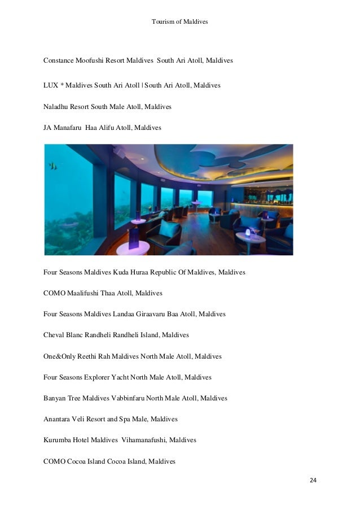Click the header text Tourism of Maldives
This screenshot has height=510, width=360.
[180, 21]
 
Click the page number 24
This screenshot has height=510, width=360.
[313, 481]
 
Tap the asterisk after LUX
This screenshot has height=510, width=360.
[63, 85]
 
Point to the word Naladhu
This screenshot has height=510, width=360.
[56, 107]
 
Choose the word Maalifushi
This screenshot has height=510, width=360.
[85, 293]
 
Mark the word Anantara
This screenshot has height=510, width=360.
[58, 420]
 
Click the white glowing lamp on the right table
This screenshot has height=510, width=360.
[244, 232]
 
